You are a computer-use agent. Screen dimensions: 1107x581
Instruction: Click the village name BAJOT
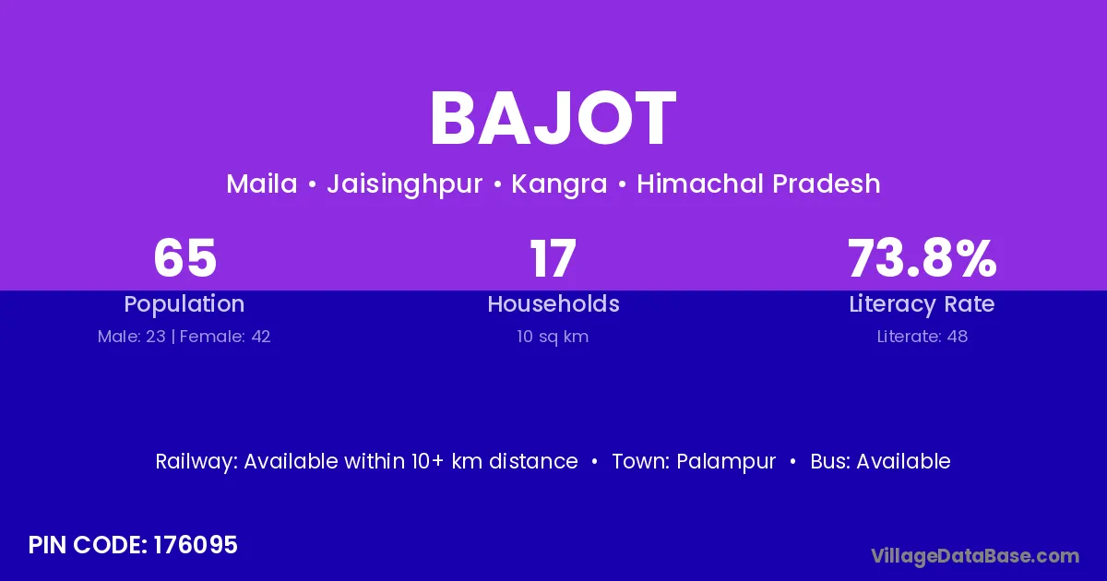pos(553,118)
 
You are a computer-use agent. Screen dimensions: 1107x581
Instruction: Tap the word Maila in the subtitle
pos(262,184)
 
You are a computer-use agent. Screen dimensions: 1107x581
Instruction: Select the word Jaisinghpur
pos(404,185)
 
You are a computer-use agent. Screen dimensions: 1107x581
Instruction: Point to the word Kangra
pos(559,185)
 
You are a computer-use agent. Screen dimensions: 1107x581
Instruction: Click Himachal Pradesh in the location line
pos(758,184)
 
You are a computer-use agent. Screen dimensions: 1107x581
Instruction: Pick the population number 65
pos(184,258)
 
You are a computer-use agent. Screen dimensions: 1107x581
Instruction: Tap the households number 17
pos(553,258)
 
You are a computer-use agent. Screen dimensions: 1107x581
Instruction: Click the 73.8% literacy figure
pos(922,258)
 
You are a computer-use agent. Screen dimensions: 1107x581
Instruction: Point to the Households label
pos(553,303)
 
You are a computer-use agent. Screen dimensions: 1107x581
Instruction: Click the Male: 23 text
pos(131,337)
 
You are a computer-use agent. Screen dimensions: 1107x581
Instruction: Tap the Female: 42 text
pos(225,337)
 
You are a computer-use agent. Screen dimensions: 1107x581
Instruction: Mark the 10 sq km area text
pos(553,337)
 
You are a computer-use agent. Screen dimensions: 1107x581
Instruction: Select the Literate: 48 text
pos(922,337)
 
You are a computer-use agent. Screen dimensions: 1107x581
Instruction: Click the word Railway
pos(196,462)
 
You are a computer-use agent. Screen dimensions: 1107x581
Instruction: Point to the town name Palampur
pos(726,462)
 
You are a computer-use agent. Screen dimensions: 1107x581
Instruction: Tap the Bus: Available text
pos(880,461)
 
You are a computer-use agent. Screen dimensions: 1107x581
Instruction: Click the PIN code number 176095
pos(196,545)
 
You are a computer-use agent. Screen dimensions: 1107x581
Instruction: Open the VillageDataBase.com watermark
pos(976,556)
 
